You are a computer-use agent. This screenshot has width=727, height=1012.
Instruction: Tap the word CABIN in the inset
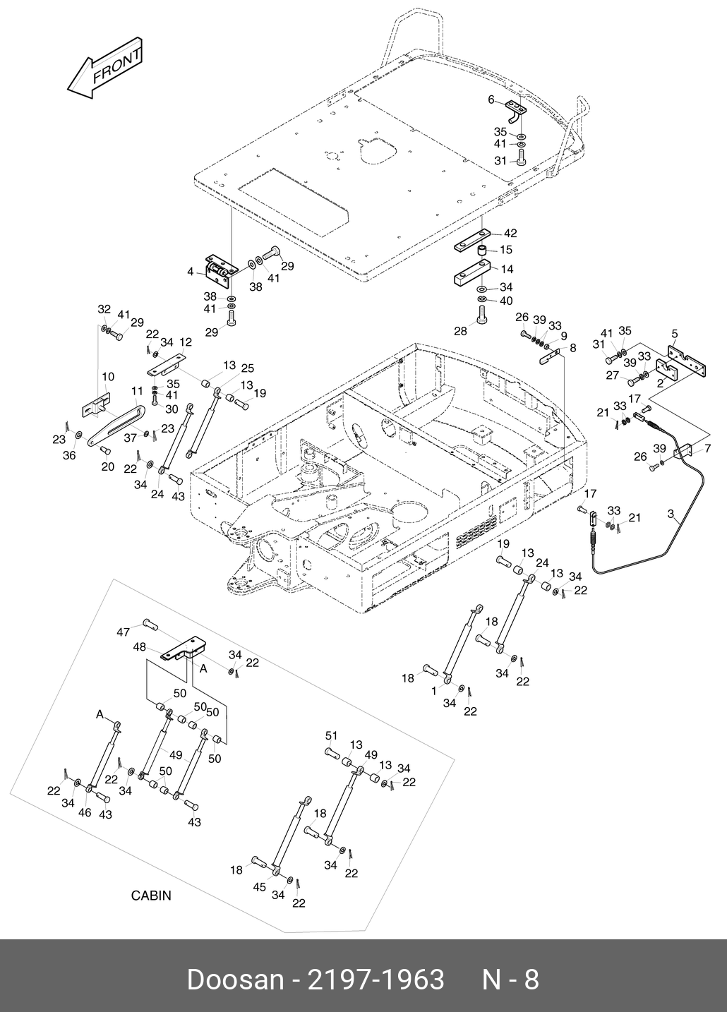[151, 896]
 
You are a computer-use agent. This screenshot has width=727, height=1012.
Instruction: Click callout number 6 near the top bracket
[491, 100]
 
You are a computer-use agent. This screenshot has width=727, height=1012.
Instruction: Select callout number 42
[510, 234]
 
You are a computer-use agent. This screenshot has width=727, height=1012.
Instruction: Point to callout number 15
[506, 250]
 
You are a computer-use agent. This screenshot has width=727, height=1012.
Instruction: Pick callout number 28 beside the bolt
[461, 331]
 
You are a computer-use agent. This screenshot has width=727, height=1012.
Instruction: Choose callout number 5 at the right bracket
[675, 332]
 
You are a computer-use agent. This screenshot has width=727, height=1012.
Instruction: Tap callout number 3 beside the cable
[670, 514]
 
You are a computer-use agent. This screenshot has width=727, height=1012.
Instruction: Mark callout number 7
[708, 449]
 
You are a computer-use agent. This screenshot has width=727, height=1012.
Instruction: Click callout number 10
[108, 377]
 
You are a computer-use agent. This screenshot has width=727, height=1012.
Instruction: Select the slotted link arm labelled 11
[116, 423]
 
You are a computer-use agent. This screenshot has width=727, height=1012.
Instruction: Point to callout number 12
[186, 342]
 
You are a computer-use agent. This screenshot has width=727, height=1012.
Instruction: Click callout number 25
[246, 368]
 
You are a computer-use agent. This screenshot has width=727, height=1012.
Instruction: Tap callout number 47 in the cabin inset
[124, 632]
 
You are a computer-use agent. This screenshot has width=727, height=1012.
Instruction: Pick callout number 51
[331, 736]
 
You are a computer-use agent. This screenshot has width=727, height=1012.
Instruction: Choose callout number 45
[260, 886]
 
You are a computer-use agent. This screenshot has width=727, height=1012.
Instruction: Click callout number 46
[85, 812]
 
